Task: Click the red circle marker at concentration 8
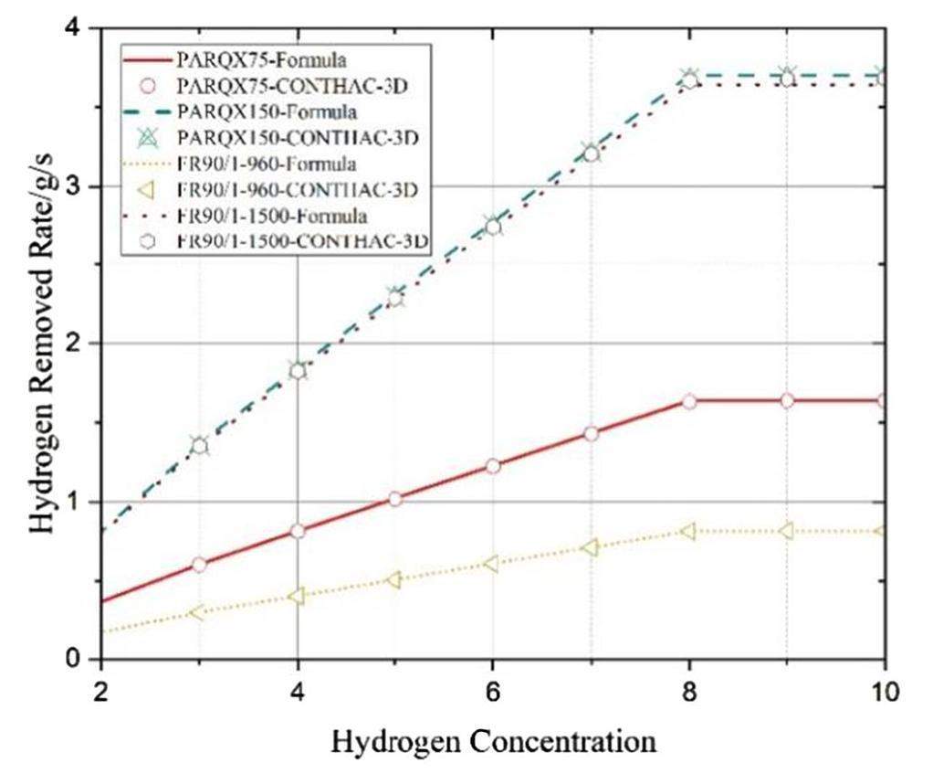[688, 402]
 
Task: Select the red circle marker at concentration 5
[394, 499]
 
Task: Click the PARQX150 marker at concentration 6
[492, 226]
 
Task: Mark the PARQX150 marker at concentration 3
[199, 445]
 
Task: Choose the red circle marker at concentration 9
[786, 401]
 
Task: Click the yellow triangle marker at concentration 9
[786, 531]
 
